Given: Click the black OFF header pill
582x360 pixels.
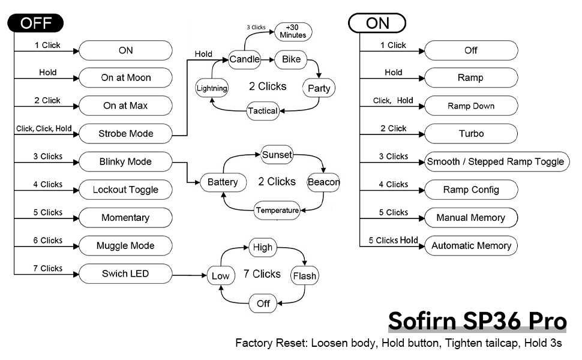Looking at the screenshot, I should tap(35, 23).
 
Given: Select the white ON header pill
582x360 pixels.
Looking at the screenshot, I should tap(377, 23).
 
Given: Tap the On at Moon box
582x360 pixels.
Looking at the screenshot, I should tap(125, 77).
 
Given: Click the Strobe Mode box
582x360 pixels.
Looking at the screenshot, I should tap(125, 134).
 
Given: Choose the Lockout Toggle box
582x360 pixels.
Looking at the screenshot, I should tap(125, 190).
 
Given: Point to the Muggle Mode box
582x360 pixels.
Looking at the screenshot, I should tap(125, 245).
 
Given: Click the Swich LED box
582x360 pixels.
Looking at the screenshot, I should tap(125, 274).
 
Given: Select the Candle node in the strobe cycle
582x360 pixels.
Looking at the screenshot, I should tap(245, 59).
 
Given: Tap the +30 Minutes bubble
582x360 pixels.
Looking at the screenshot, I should tap(293, 31).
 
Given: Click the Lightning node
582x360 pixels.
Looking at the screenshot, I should tap(212, 88).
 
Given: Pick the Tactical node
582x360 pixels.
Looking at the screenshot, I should tap(263, 111).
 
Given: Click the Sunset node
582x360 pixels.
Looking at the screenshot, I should tap(277, 155).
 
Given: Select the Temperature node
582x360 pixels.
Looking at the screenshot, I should tap(277, 210).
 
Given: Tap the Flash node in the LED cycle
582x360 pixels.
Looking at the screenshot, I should tap(304, 276).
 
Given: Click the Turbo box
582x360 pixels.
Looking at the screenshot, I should tap(471, 134).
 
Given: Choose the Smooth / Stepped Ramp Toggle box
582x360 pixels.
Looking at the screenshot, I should tap(495, 161).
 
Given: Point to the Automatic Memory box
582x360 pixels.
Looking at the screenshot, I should tap(471, 245).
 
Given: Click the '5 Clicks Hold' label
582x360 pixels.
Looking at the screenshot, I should tap(393, 240).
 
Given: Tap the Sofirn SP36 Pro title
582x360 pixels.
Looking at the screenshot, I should tap(477, 322).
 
